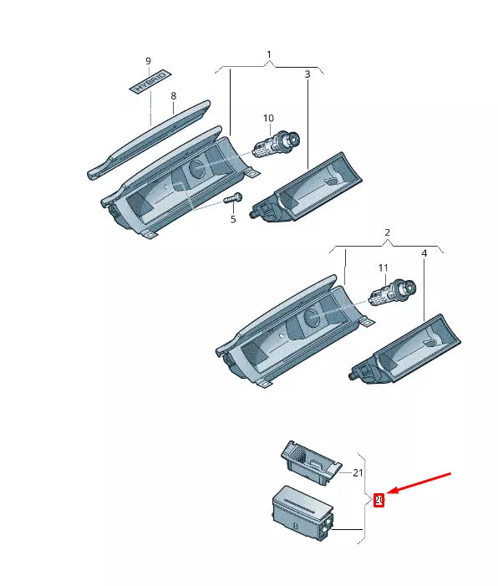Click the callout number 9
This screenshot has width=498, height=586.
(x=149, y=62)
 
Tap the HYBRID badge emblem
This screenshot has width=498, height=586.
(x=149, y=85)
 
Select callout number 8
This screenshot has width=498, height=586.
(x=173, y=96)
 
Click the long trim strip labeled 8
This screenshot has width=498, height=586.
(x=150, y=138)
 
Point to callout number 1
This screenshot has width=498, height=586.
(x=269, y=55)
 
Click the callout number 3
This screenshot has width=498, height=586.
(x=307, y=74)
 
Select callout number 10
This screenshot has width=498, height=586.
(x=268, y=118)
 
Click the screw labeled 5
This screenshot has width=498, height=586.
(x=231, y=199)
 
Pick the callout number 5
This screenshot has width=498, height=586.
(x=233, y=219)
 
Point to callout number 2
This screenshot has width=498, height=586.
(x=388, y=232)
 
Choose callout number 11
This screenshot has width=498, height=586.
(x=384, y=268)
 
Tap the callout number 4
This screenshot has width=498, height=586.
(x=424, y=252)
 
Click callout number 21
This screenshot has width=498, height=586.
(x=358, y=472)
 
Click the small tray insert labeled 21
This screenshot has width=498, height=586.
(x=309, y=461)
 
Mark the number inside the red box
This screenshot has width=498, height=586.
(x=379, y=500)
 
